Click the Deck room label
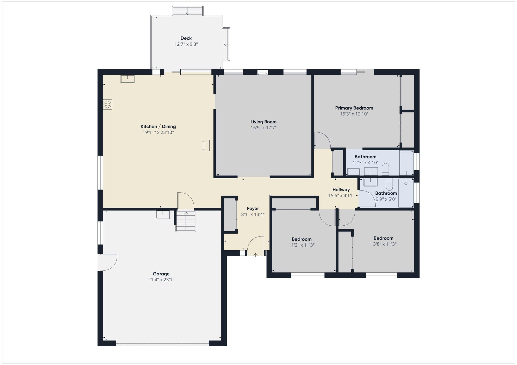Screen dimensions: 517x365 tap(186, 38)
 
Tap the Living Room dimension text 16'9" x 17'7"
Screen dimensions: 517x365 tap(264, 128)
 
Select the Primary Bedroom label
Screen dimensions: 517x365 tap(354, 108)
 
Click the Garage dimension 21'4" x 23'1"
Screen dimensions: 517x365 tap(161, 280)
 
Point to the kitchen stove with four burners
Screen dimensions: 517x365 tap(108, 105)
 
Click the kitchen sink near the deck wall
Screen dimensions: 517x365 tap(127, 79)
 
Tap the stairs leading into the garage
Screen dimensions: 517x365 tap(186, 221)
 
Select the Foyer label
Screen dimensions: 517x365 tap(253, 209)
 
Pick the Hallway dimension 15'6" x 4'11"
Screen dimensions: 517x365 tap(341, 196)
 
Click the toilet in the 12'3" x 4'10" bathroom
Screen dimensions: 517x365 tap(385, 169)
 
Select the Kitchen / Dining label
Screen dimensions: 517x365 tap(158, 126)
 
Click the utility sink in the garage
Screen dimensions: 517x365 tap(163, 215)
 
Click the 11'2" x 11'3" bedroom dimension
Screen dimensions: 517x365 tap(302, 245)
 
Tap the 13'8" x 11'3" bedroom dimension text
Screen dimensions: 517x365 tap(384, 244)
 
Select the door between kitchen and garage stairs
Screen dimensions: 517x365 tap(186, 201)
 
